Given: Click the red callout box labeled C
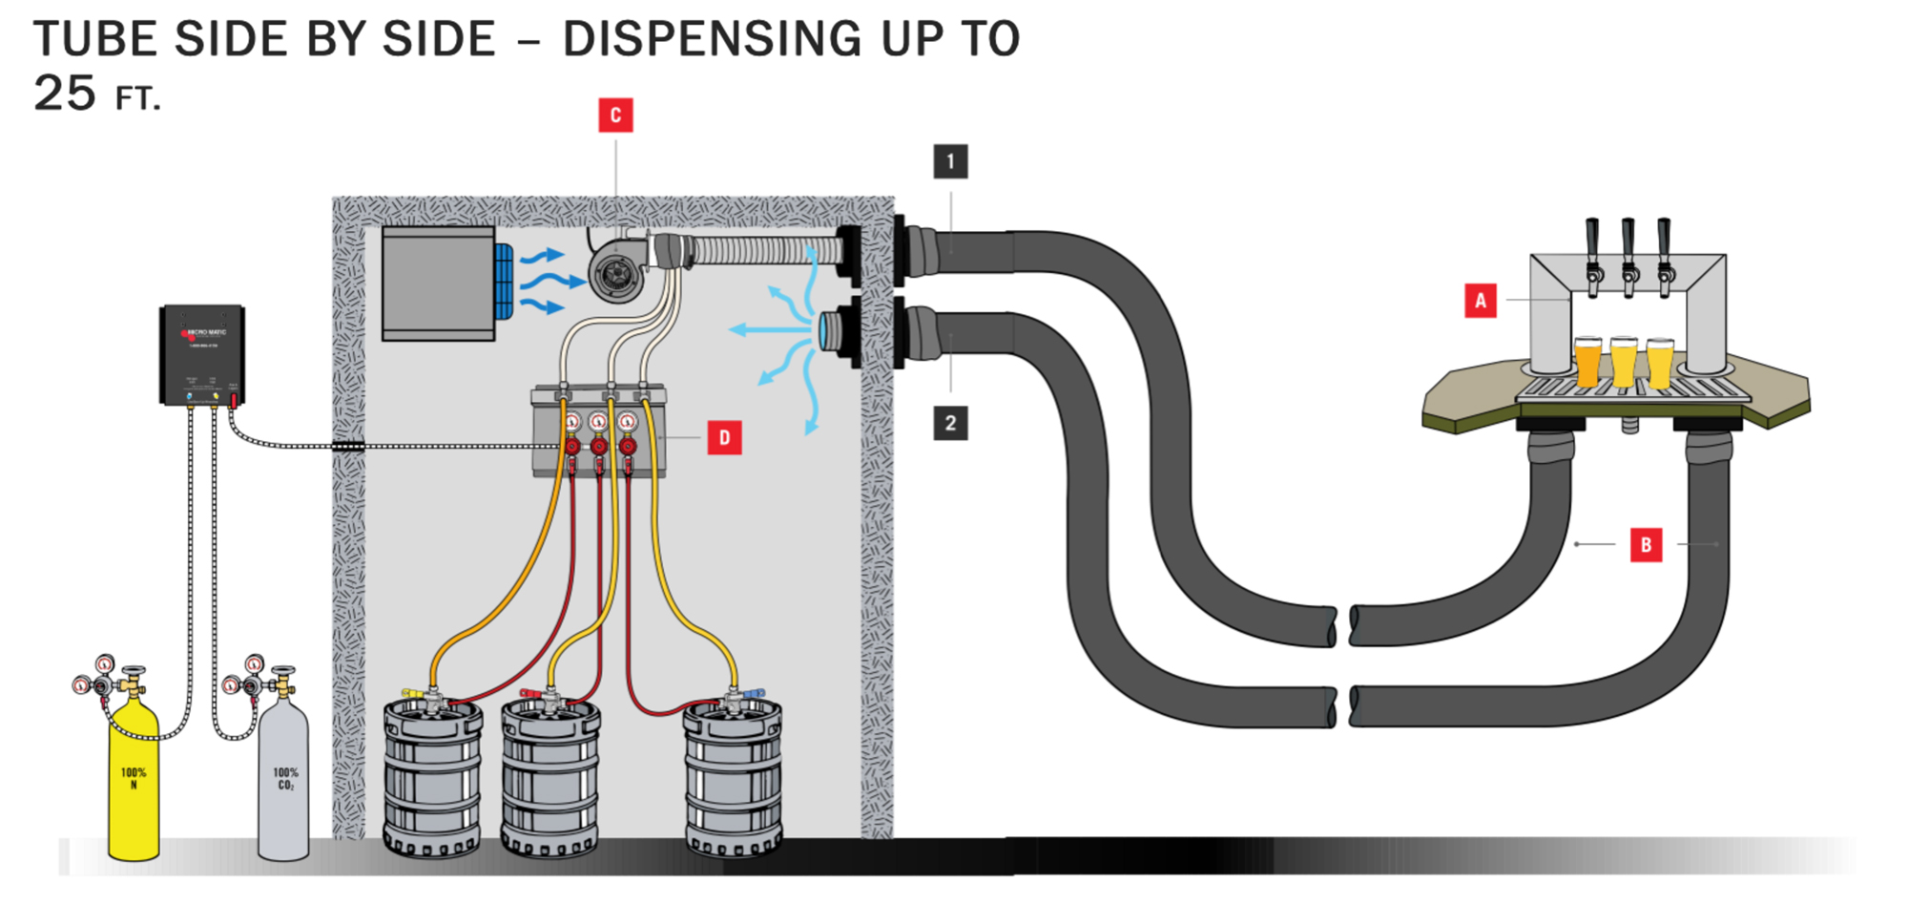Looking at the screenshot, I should click(x=615, y=116).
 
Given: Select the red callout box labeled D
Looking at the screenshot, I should click(x=724, y=437).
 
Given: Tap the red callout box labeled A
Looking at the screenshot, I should click(x=1480, y=301).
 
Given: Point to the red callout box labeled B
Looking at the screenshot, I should click(x=1646, y=545).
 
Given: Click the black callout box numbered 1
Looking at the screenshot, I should click(x=950, y=161).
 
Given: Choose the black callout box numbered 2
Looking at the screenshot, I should click(x=950, y=423).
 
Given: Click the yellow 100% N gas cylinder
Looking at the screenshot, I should click(x=134, y=783).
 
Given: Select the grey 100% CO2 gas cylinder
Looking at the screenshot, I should click(x=284, y=783).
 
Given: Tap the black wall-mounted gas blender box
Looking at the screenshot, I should click(x=201, y=354).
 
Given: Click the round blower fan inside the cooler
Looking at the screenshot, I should click(x=616, y=273).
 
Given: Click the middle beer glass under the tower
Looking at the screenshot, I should click(x=1624, y=362).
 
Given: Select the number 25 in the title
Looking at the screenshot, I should click(x=65, y=94).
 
